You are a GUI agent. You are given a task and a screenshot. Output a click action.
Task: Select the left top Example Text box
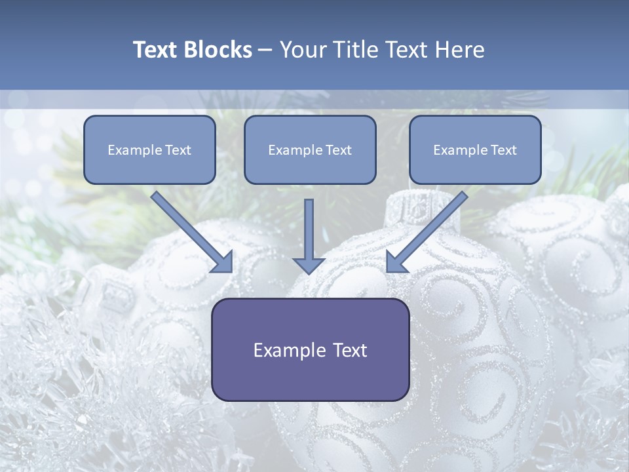click(149, 150)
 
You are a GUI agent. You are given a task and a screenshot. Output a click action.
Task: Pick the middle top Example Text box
click(310, 150)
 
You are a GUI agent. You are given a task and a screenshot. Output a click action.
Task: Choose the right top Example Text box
click(475, 150)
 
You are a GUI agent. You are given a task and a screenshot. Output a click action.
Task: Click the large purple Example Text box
click(311, 350)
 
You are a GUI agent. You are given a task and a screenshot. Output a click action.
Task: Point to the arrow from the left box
click(190, 230)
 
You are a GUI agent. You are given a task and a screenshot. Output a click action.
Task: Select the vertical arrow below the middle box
click(309, 233)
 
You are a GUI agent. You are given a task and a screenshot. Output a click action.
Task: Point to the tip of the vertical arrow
click(309, 272)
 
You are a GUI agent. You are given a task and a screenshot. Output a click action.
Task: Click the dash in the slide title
click(265, 50)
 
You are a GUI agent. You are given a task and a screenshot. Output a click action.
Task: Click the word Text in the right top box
click(504, 150)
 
